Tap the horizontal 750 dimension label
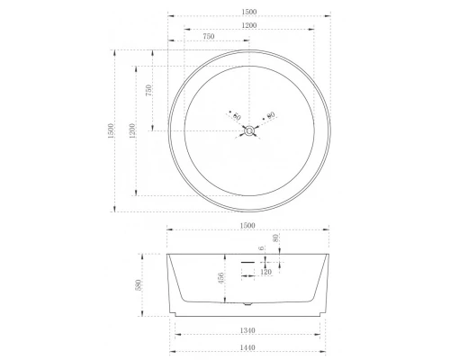point(209,38)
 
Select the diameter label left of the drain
point(236,116)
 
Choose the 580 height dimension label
point(138,283)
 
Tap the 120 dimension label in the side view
point(266,271)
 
